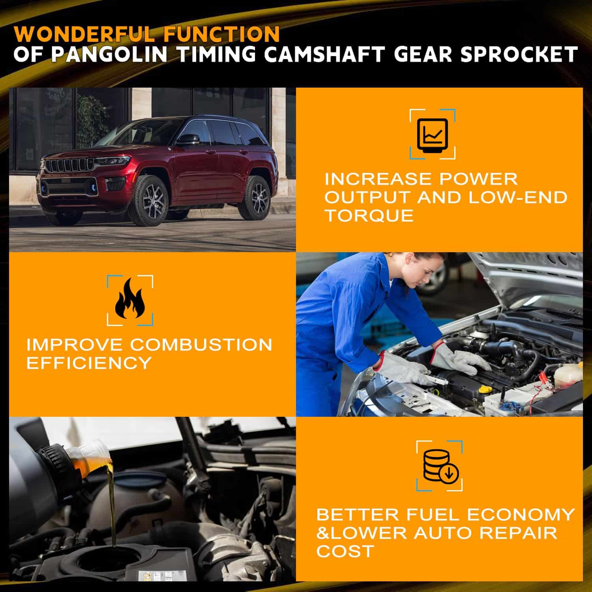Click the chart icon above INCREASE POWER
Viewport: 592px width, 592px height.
(x=433, y=135)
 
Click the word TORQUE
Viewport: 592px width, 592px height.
(x=369, y=215)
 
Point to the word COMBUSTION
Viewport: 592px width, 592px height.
(x=201, y=345)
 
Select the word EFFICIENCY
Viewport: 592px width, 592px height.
(x=89, y=363)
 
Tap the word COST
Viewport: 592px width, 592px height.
(x=345, y=551)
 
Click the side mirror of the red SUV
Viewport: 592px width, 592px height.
(x=188, y=139)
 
